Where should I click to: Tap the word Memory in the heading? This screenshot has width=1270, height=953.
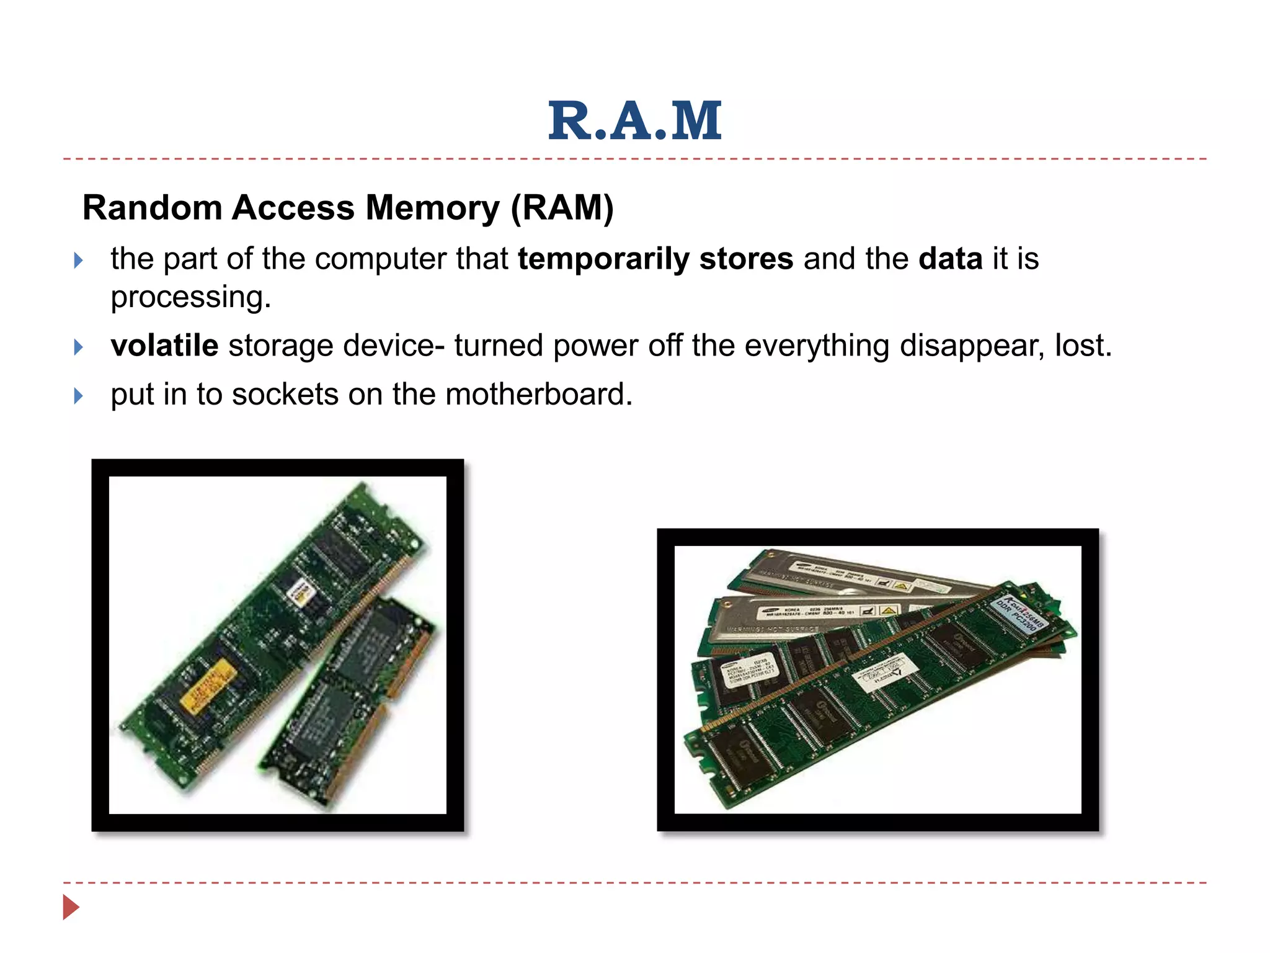[x=432, y=207]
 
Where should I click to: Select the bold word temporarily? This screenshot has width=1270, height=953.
[x=603, y=259]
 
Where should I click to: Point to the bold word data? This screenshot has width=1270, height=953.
[x=950, y=259]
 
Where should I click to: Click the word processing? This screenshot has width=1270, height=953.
[x=191, y=297]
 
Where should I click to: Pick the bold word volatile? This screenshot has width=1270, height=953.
[x=164, y=346]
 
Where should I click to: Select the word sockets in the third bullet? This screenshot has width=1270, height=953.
[x=285, y=395]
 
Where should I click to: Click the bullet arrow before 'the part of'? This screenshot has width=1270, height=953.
[x=78, y=260]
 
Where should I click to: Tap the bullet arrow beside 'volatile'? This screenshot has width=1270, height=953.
[x=78, y=347]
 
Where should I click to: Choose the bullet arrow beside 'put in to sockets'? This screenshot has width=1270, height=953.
[x=78, y=396]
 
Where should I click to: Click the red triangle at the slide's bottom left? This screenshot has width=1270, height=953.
[x=71, y=907]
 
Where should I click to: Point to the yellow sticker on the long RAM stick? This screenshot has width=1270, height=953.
[x=208, y=686]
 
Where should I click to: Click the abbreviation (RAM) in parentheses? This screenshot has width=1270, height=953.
[x=562, y=207]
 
